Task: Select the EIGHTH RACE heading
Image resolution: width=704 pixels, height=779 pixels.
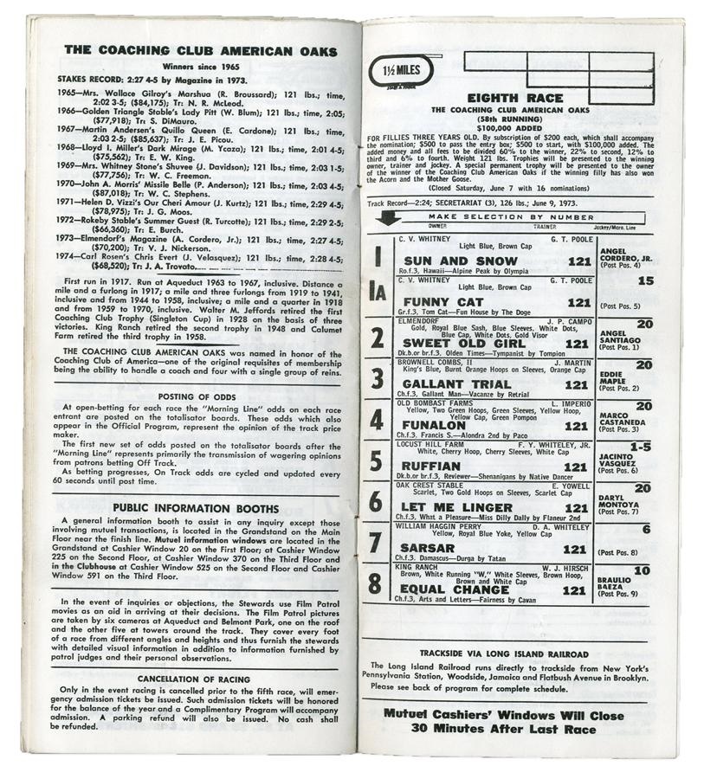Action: (514, 99)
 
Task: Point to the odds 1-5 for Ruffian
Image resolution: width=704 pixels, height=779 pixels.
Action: (643, 447)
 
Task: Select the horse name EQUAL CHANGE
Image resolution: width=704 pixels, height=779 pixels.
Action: (455, 590)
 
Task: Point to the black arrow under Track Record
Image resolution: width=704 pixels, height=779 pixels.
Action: (384, 217)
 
